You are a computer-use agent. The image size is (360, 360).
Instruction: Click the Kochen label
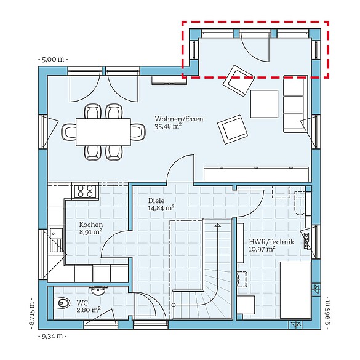point(90,225)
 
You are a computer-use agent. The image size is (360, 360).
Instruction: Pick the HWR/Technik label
point(271,242)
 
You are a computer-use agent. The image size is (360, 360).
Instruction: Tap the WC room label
point(82,303)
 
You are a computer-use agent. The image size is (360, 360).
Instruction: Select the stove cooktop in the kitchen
point(85,191)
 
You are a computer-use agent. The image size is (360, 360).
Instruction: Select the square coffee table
point(265,103)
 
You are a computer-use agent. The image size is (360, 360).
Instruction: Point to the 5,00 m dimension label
point(54,59)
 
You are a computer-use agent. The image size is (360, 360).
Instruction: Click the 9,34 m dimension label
point(53,337)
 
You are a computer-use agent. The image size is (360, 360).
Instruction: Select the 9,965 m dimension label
point(327,313)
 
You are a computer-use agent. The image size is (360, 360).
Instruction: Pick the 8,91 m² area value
point(90,233)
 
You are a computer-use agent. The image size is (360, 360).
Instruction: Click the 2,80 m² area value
point(87,311)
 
